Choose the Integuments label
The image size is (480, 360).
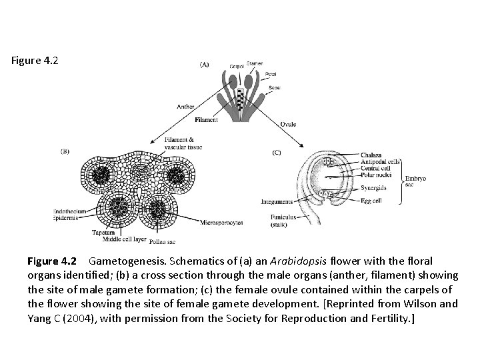[x=277, y=201]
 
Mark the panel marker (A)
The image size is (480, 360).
[x=203, y=65]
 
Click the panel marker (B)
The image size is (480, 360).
[x=65, y=151]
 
